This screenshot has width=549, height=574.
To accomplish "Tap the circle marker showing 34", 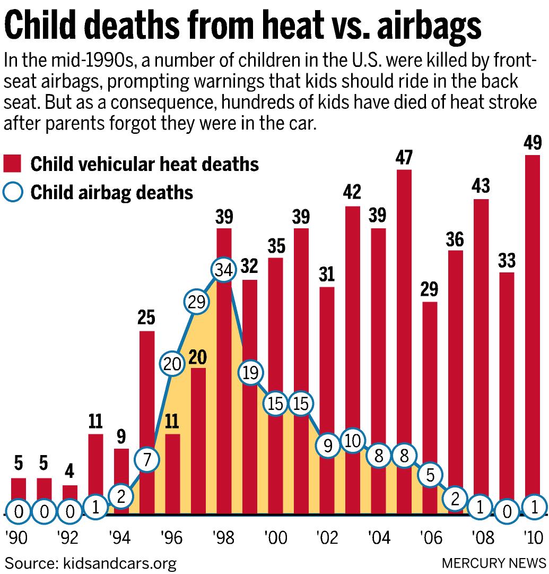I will click(223, 270).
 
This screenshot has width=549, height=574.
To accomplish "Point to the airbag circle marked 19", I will click(250, 373).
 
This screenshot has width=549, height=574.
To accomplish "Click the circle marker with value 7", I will click(146, 460).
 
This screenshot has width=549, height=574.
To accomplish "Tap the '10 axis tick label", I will click(533, 537).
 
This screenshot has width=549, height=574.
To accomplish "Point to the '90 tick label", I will click(18, 537).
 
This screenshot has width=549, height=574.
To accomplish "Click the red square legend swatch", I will click(12, 164).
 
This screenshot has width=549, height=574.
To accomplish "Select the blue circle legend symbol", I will click(12, 192).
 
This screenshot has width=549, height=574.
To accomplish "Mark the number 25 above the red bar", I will click(146, 319).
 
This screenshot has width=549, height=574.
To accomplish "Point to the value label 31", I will click(327, 275).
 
